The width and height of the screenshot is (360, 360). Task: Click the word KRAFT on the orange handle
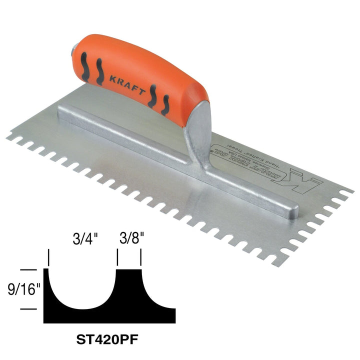point(127,83)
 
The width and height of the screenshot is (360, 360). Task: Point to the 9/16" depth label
point(19,289)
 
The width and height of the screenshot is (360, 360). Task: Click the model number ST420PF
point(110,341)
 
